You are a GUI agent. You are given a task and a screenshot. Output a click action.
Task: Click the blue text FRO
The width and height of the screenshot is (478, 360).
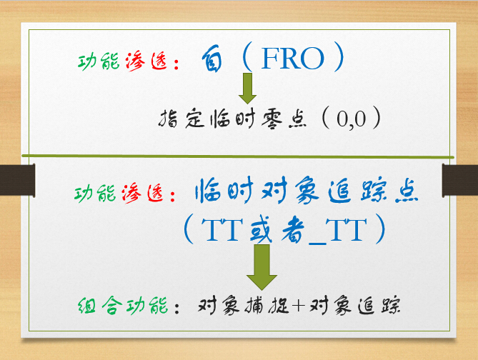[x=293, y=59]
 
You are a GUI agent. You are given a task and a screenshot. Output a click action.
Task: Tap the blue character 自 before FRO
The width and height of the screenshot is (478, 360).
[x=212, y=59]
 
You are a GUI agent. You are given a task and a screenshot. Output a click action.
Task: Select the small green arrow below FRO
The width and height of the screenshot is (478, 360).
[x=247, y=89]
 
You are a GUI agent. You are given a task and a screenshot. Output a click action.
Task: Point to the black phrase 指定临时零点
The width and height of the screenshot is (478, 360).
[x=232, y=119]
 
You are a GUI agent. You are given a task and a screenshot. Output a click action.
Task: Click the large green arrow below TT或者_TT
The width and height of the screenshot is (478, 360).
[x=262, y=267]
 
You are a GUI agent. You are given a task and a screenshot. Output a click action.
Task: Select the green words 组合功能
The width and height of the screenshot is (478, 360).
[x=123, y=306]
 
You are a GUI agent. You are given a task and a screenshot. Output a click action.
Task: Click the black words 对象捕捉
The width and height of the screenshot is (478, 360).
[x=243, y=305]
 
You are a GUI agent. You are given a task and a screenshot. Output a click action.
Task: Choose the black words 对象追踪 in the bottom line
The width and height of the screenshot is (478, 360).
[x=354, y=305]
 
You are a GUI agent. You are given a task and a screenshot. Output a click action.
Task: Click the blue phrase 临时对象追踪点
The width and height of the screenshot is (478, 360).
[x=307, y=191]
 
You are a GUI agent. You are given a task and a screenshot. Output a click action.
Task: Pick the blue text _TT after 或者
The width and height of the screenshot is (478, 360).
[x=337, y=230]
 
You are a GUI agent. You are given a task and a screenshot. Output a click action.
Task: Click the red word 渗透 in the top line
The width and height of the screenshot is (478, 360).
[x=146, y=61]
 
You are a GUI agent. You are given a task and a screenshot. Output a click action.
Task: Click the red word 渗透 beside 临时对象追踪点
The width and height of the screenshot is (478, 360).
[x=143, y=194]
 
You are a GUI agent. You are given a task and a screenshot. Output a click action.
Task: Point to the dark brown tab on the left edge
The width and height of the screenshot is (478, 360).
[x=17, y=180]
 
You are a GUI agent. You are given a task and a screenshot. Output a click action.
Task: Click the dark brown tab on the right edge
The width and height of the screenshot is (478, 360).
[x=460, y=180]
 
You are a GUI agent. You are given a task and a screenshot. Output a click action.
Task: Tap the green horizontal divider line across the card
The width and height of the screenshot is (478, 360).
[x=238, y=156]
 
